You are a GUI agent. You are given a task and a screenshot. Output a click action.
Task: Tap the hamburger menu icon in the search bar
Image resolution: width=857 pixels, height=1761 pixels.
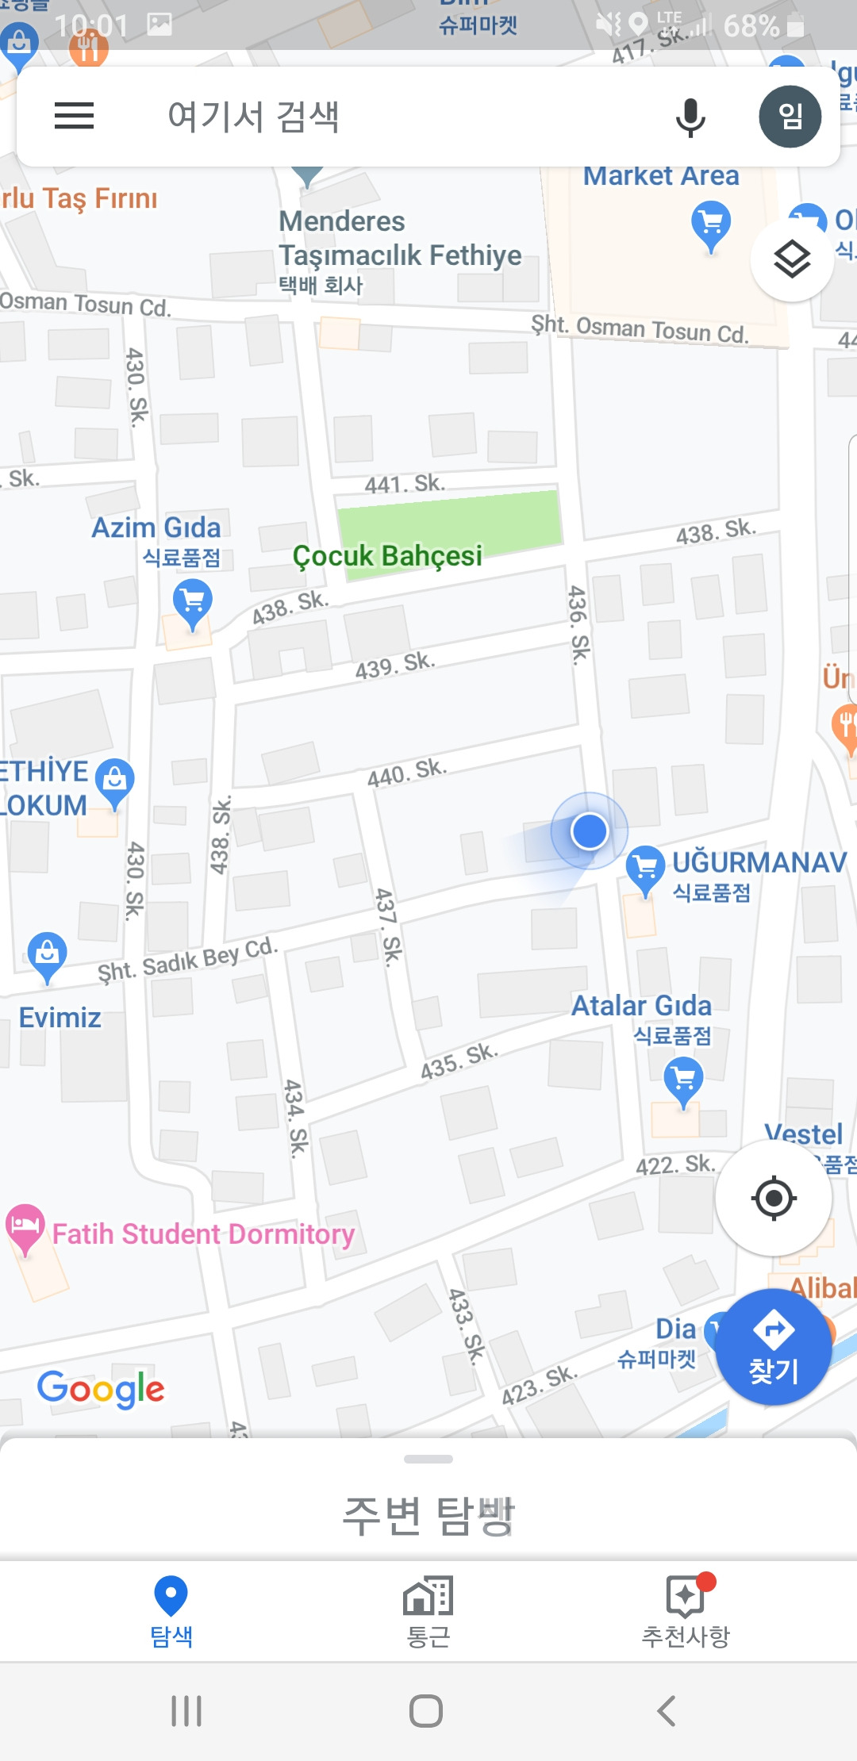click(x=74, y=116)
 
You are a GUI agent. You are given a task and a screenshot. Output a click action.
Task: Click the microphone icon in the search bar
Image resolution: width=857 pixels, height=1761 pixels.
click(x=690, y=117)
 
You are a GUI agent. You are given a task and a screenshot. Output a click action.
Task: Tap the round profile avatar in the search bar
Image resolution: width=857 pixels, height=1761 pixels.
click(x=790, y=117)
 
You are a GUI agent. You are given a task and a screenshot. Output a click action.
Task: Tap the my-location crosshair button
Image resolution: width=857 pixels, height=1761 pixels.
click(x=774, y=1198)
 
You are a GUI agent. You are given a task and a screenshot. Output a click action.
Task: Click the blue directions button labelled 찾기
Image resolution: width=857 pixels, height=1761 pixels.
click(x=774, y=1347)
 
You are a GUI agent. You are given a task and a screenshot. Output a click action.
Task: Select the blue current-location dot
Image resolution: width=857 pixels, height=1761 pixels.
click(x=589, y=831)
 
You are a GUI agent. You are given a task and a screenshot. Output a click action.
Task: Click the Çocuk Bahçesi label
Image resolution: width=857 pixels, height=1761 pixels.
click(x=387, y=555)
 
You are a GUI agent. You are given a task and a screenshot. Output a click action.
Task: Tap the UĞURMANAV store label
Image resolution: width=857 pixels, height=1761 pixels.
click(x=759, y=862)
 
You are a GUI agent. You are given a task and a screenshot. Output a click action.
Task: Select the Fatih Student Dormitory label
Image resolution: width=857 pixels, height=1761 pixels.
click(x=203, y=1233)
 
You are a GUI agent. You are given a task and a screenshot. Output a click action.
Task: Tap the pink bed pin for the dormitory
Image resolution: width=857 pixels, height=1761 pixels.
click(x=25, y=1227)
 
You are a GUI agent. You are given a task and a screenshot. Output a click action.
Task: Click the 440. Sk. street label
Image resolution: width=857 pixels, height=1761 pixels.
click(x=407, y=772)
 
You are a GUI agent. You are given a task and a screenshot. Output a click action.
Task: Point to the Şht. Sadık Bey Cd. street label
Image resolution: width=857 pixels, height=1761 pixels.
click(x=187, y=960)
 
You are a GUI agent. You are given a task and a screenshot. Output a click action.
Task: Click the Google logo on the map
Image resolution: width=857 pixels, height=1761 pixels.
click(x=101, y=1388)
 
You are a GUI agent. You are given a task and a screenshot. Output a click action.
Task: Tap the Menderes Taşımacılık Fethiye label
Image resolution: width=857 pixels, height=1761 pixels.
click(x=400, y=238)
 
